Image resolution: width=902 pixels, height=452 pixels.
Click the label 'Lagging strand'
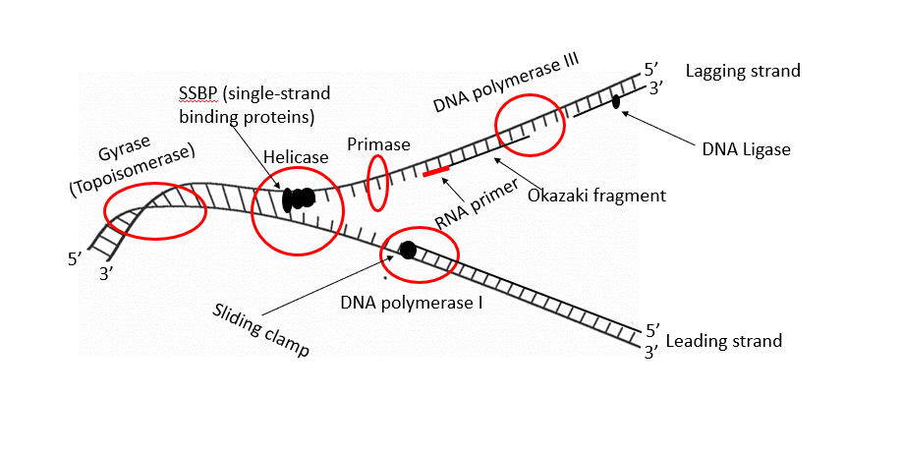(x=743, y=71)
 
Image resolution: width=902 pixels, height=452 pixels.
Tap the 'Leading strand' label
(x=724, y=341)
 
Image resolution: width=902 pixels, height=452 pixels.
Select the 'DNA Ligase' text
(x=747, y=149)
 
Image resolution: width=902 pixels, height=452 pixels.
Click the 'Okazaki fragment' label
(x=596, y=196)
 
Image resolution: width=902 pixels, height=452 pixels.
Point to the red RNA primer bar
(x=436, y=172)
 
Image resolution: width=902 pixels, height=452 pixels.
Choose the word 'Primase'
(x=378, y=143)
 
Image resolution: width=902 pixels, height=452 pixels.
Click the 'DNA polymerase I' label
(x=412, y=303)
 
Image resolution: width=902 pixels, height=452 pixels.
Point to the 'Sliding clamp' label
(x=260, y=330)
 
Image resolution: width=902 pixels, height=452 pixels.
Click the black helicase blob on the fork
(x=299, y=199)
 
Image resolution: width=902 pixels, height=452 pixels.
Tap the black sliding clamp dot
(x=408, y=251)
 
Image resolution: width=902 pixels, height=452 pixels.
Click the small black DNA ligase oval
(x=616, y=101)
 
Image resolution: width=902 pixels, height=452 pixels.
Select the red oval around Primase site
(x=377, y=182)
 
